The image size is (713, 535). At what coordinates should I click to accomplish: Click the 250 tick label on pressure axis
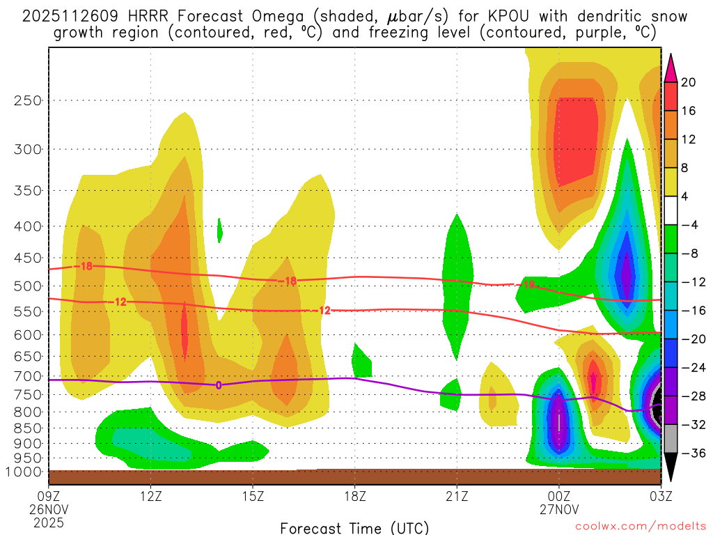28,100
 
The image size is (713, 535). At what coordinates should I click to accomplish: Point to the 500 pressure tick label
28,286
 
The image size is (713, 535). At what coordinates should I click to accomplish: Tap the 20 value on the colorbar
689,82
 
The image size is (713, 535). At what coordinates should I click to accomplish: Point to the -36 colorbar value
689,453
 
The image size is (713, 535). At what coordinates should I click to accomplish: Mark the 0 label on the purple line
219,385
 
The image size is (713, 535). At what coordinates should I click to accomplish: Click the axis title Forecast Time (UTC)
354,527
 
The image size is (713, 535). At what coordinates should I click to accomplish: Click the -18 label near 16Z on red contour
289,281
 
